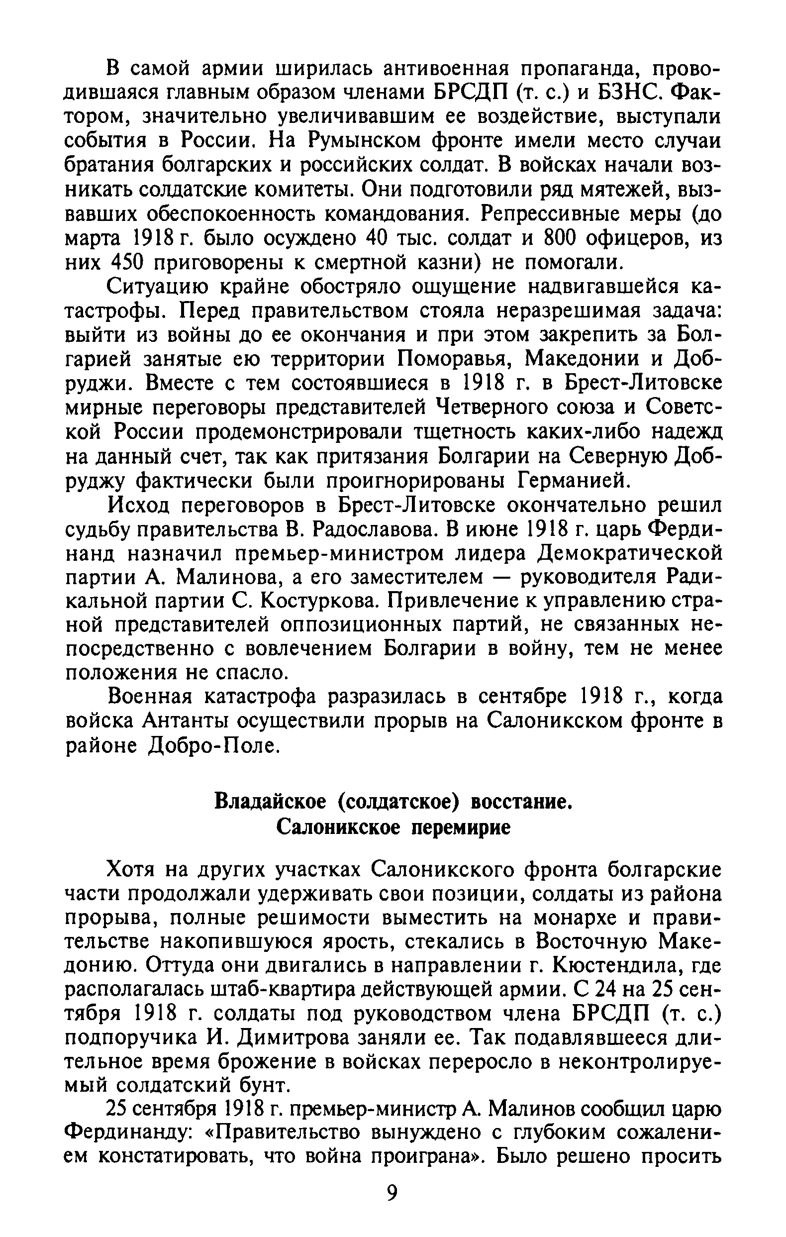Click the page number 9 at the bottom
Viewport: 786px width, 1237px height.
(392, 1207)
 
